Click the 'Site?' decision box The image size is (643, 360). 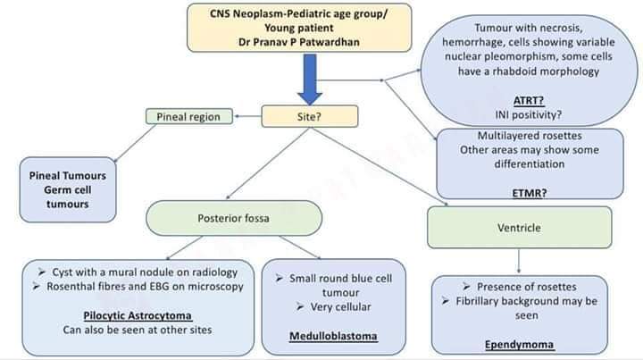[310, 116]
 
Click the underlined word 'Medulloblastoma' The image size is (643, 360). [334, 336]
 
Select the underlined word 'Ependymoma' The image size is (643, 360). [520, 343]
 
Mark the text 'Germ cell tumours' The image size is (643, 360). [69, 197]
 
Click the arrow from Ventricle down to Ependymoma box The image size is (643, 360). [519, 258]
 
